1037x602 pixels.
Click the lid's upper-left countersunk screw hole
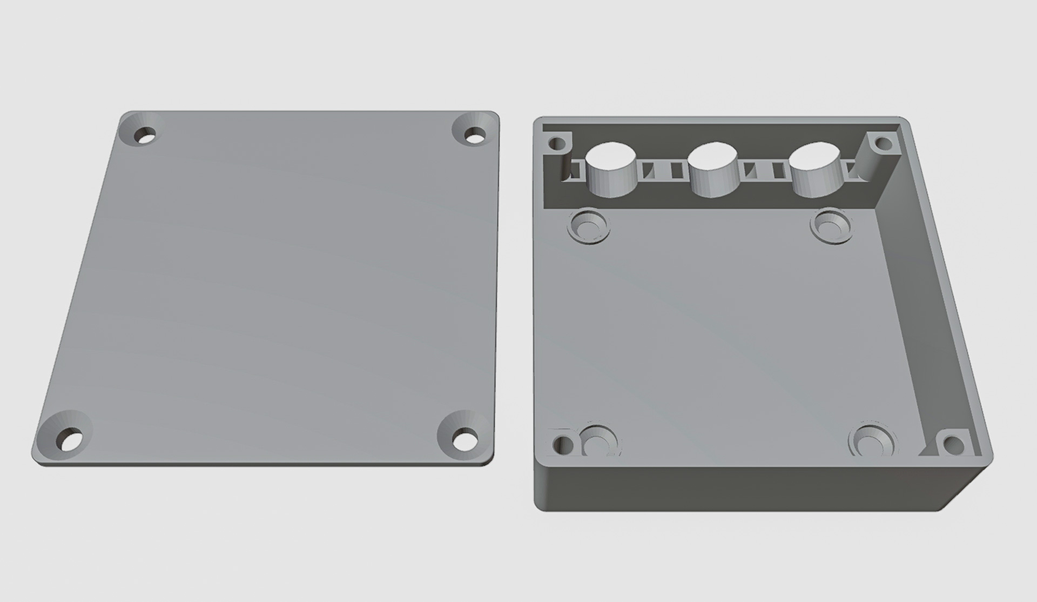[145, 133]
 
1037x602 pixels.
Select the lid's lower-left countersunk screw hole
[70, 439]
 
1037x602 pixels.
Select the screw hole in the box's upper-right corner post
[883, 143]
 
